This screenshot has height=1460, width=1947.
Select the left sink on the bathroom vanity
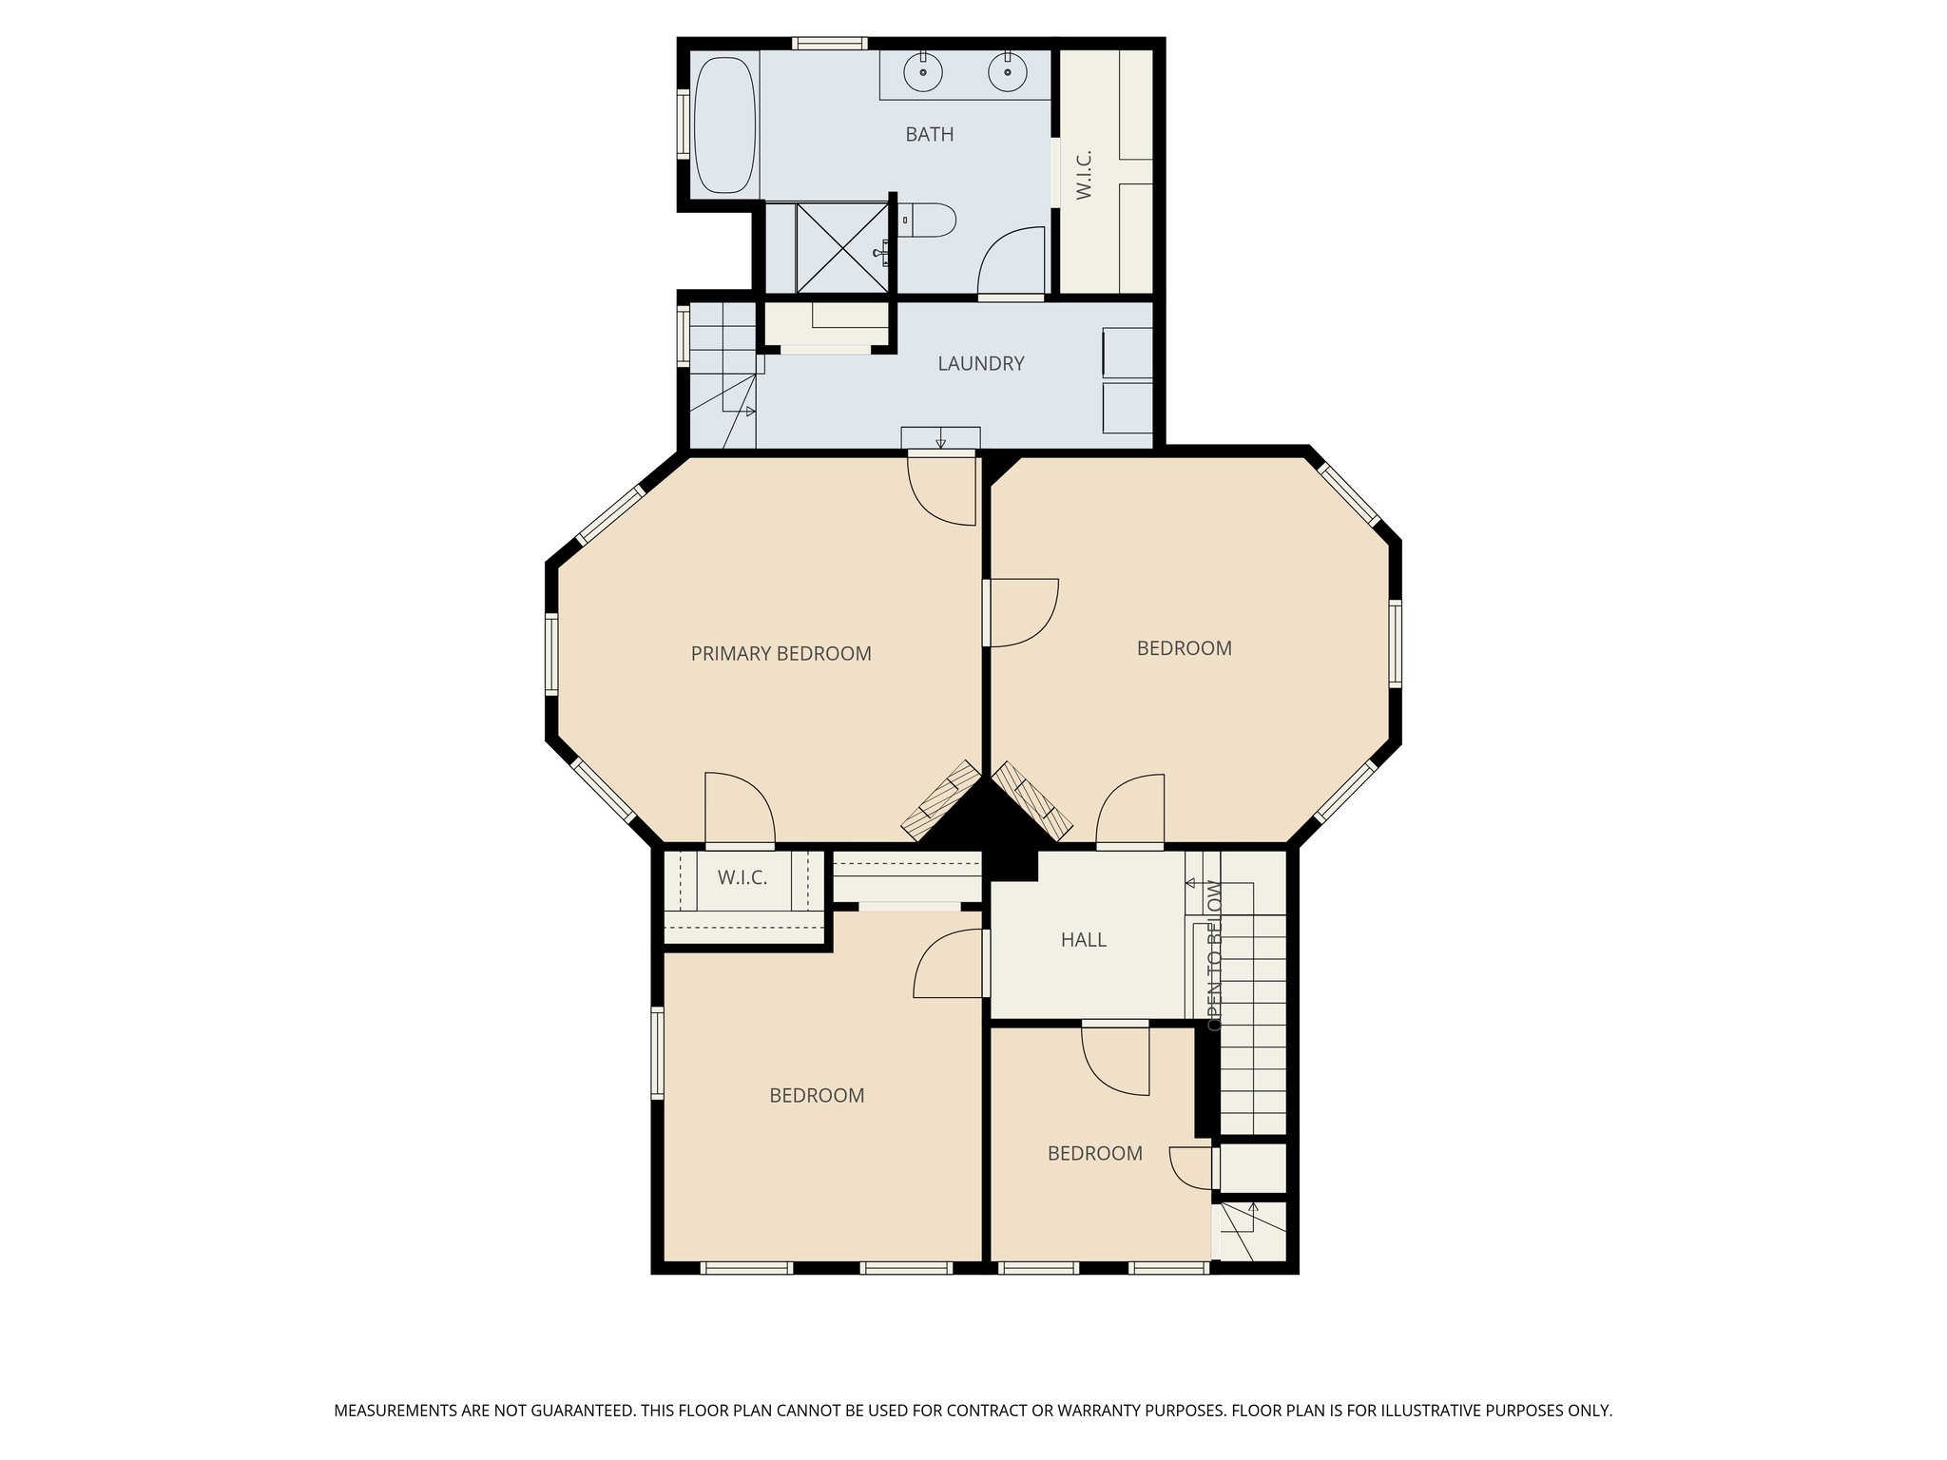tap(923, 71)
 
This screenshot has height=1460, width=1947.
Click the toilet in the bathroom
tap(930, 221)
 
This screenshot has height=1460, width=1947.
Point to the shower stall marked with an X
tap(841, 248)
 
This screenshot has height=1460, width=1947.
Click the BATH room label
tap(929, 135)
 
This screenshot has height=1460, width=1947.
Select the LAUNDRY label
tap(980, 364)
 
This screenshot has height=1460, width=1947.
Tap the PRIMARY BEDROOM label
tap(781, 654)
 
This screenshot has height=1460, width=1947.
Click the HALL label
tap(1083, 940)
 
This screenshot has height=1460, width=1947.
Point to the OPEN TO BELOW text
tap(1214, 955)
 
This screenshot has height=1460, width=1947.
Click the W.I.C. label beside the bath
tap(1085, 175)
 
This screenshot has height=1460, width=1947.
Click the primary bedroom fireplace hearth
tap(941, 800)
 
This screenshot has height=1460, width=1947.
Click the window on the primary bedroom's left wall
tap(551, 652)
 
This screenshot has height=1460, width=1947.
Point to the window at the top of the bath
tap(829, 43)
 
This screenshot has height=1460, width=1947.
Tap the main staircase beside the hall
tap(1252, 1036)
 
